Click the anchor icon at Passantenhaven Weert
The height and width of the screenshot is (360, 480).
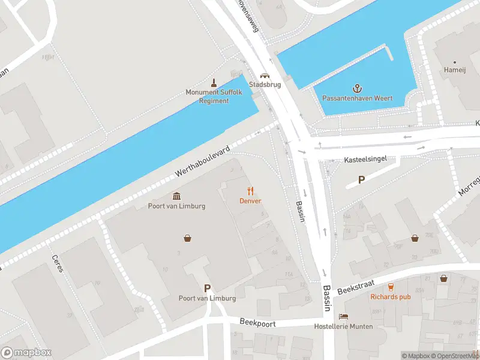(358, 88)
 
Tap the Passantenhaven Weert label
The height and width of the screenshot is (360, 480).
(358, 98)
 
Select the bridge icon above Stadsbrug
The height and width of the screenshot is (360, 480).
(264, 76)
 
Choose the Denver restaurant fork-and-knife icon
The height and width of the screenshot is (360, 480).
(251, 191)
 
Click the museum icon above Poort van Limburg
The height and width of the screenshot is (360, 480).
(177, 196)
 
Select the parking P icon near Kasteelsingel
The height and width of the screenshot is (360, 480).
(361, 179)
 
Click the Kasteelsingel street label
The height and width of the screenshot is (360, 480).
(364, 160)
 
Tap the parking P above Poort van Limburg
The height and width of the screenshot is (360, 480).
(208, 288)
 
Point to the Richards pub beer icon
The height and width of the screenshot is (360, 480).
(391, 287)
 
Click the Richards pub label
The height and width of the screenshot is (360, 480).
(390, 296)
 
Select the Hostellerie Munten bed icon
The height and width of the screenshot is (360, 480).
(343, 317)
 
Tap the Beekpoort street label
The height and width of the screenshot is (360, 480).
(256, 322)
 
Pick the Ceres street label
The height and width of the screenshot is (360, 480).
(58, 263)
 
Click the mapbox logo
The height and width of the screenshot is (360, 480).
(26, 353)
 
